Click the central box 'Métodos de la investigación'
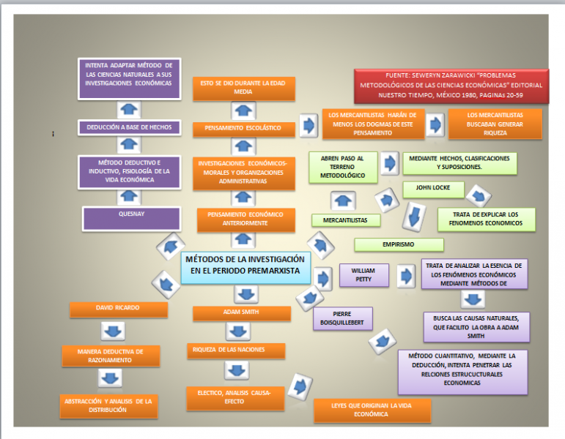coord(245,265)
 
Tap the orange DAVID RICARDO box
coord(117,308)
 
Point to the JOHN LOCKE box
coord(433,189)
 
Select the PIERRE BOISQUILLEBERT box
coord(342,318)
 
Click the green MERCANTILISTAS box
coord(345,219)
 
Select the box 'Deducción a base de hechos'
coord(129,127)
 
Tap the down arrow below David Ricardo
coord(113,331)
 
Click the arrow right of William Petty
coord(405,276)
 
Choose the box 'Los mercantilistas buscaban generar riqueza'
coord(495,124)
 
